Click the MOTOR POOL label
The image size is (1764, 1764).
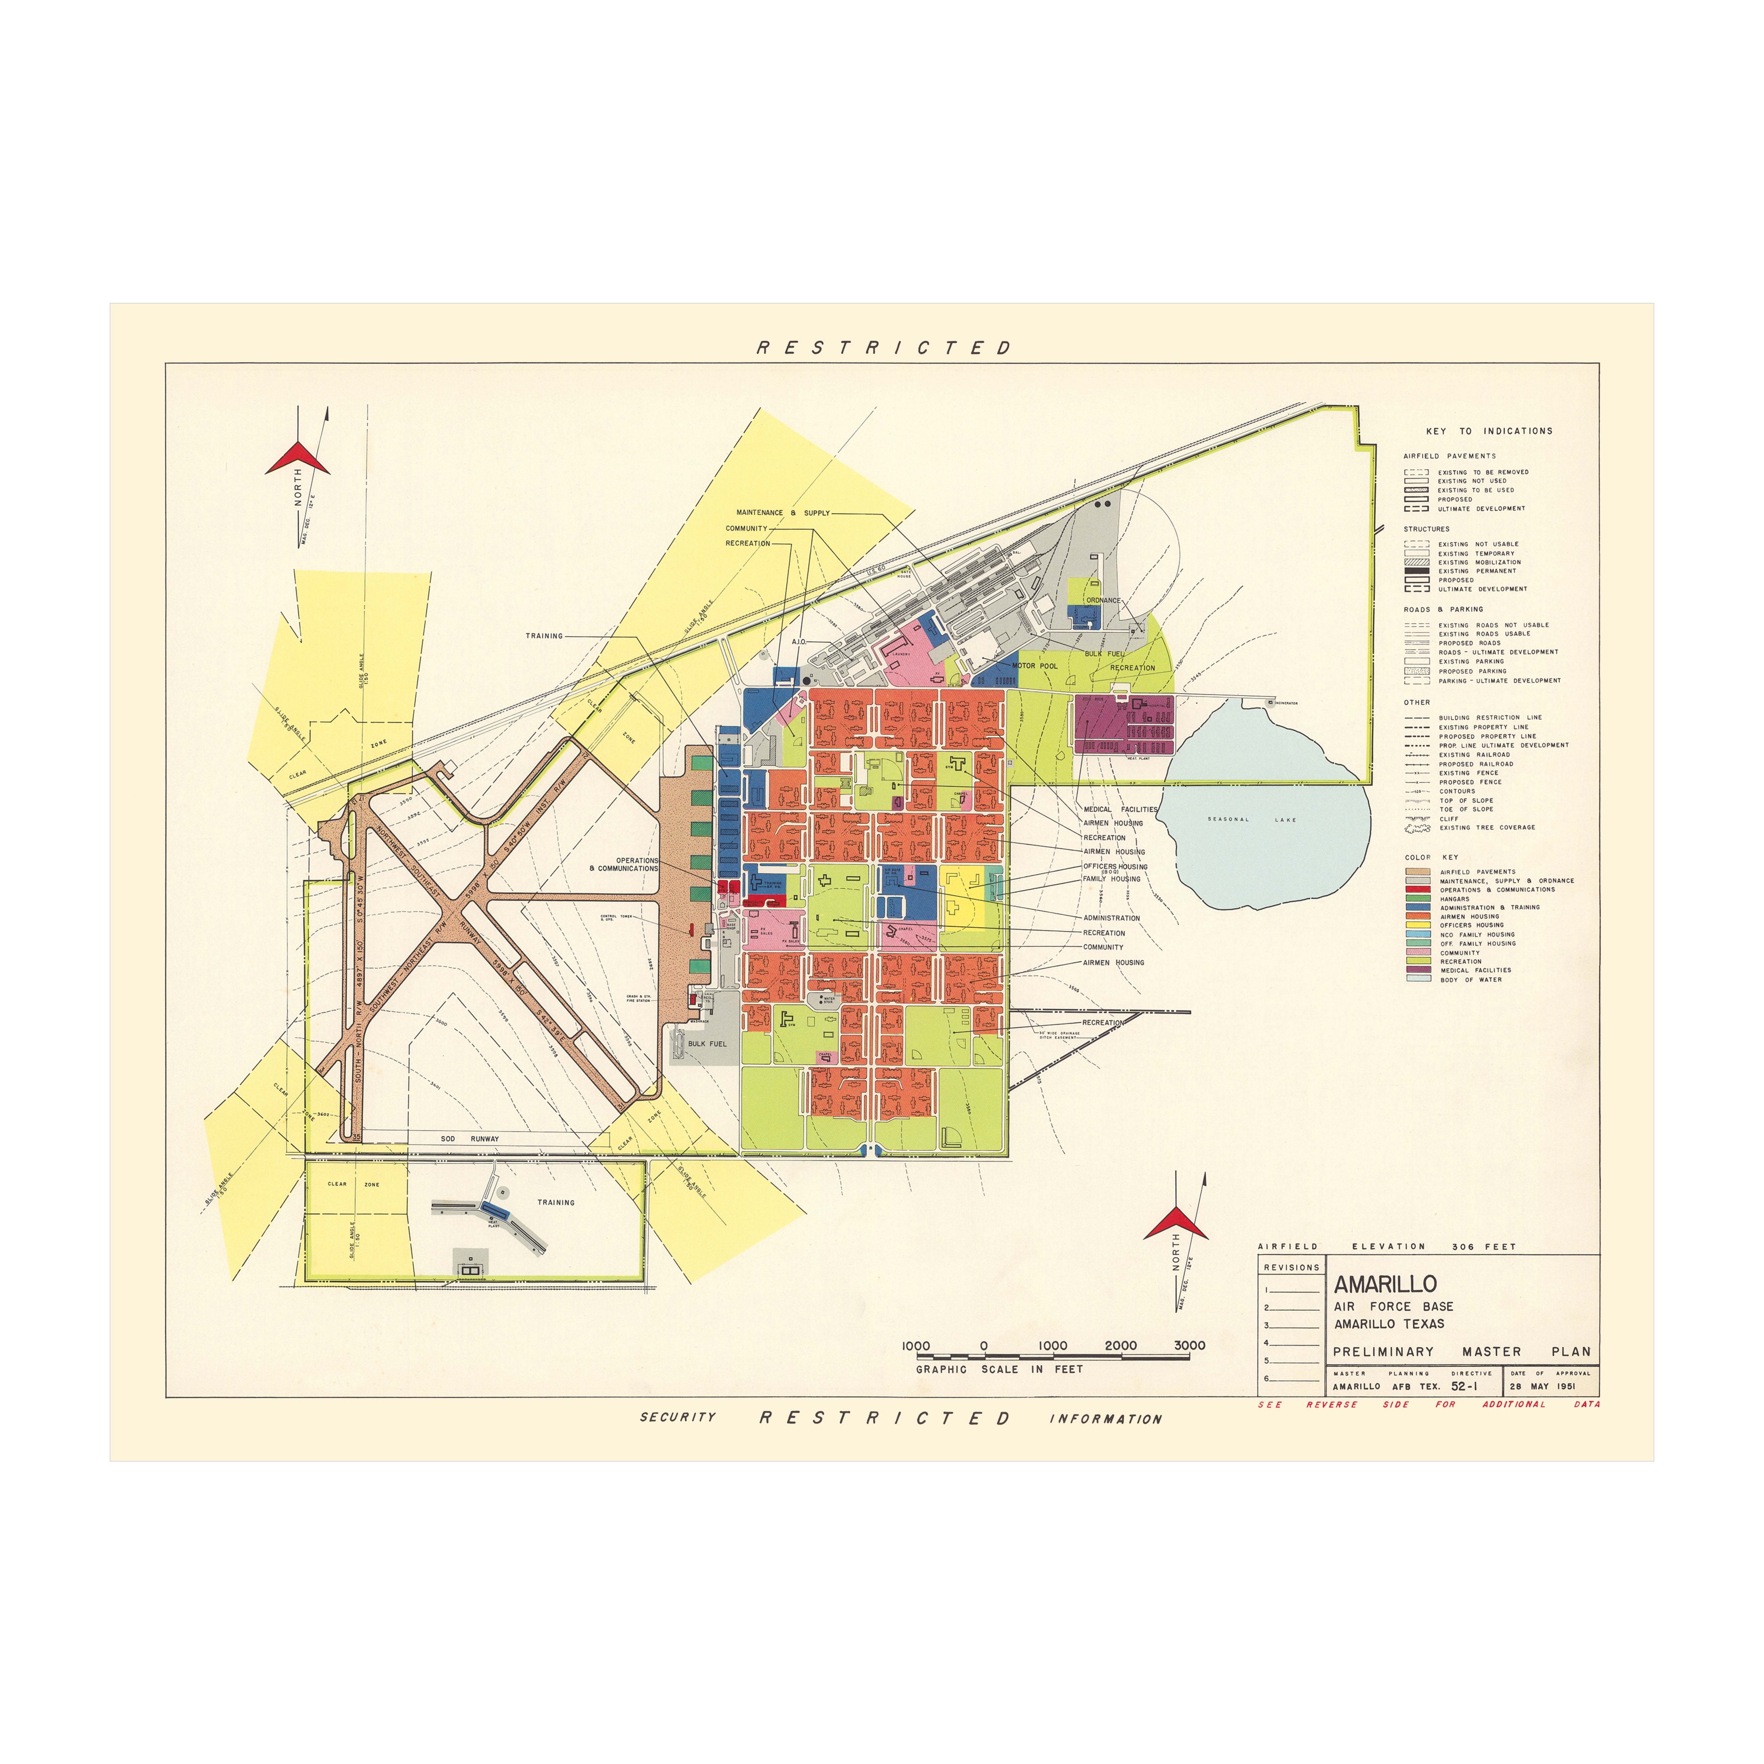[1035, 665]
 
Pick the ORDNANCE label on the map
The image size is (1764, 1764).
[1103, 600]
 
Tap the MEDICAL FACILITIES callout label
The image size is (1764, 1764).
[1119, 809]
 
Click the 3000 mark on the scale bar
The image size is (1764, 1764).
[1189, 1345]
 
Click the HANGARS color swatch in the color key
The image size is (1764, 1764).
[1417, 898]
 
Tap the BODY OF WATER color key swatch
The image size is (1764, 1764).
[1417, 979]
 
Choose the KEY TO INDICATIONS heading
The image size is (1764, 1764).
[1488, 431]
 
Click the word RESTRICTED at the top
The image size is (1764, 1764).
[884, 348]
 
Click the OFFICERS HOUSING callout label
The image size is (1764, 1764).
[1115, 866]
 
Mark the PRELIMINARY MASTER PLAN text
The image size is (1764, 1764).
[1461, 1351]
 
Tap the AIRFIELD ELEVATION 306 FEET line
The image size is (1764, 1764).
[1386, 1246]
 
